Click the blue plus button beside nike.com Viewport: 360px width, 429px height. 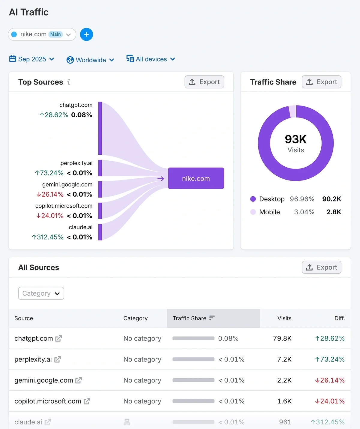tap(86, 34)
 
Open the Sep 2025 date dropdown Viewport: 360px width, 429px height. tap(32, 59)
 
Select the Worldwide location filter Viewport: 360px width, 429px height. tap(90, 60)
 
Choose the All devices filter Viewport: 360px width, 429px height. tap(151, 59)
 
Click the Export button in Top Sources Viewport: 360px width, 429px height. tap(204, 82)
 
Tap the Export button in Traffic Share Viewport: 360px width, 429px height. tap(321, 82)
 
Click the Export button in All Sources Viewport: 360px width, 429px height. tap(321, 267)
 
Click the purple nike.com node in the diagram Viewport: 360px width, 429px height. tap(196, 178)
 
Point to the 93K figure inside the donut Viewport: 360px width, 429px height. tap(295, 139)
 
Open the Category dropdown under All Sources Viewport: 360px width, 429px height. tap(41, 293)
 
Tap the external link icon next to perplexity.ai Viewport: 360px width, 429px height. tap(58, 359)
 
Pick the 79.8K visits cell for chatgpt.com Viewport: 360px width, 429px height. tap(282, 338)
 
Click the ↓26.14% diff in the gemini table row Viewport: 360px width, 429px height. tap(330, 380)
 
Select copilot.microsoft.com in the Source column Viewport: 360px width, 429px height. tap(48, 401)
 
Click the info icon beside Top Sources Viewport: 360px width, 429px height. tap(69, 82)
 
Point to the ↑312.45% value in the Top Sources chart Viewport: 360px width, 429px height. tap(48, 237)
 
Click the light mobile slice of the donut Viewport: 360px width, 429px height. tap(292, 112)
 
